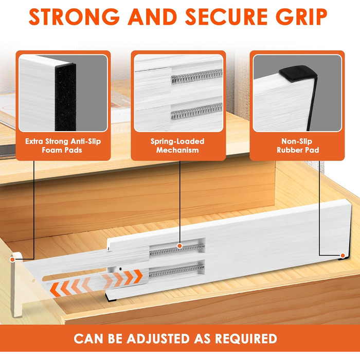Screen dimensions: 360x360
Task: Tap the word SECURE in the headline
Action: pyautogui.click(x=226, y=17)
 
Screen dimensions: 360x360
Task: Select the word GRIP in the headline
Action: pyautogui.click(x=301, y=17)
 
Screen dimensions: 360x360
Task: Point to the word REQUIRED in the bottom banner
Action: pyautogui.click(x=246, y=338)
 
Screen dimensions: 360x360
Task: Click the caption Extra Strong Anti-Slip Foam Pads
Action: pyautogui.click(x=63, y=146)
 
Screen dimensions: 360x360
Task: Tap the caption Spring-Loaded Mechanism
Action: pyautogui.click(x=177, y=146)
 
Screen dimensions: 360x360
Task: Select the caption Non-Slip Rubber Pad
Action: pyautogui.click(x=298, y=146)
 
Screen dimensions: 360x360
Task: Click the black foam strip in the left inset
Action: pyautogui.click(x=65, y=97)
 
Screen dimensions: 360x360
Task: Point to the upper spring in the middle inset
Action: pyautogui.click(x=197, y=77)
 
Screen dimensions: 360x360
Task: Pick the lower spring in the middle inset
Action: pyautogui.click(x=197, y=112)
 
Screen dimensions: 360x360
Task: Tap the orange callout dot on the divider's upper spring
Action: pyautogui.click(x=180, y=246)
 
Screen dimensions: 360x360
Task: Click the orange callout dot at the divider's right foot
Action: pyautogui.click(x=343, y=256)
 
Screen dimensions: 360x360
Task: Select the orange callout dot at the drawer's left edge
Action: pyautogui.click(x=12, y=260)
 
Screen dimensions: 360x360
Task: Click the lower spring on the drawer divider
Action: pyautogui.click(x=176, y=271)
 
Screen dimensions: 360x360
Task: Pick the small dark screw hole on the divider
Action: pyautogui.click(x=120, y=268)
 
